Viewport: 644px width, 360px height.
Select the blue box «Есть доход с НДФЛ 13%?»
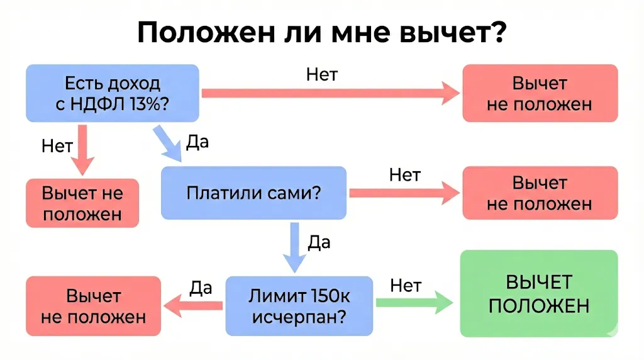113,93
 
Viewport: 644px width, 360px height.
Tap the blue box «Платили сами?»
253,193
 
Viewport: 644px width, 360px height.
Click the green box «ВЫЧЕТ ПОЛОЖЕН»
539,293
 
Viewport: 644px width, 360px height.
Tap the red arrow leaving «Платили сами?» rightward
403,194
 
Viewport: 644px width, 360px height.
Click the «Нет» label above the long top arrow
322,74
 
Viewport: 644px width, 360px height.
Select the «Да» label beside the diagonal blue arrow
197,142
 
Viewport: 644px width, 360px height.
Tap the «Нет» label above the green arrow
406,285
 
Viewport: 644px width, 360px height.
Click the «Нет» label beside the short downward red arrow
57,146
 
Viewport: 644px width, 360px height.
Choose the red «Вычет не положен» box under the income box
82,203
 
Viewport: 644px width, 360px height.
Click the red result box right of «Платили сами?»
540,193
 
